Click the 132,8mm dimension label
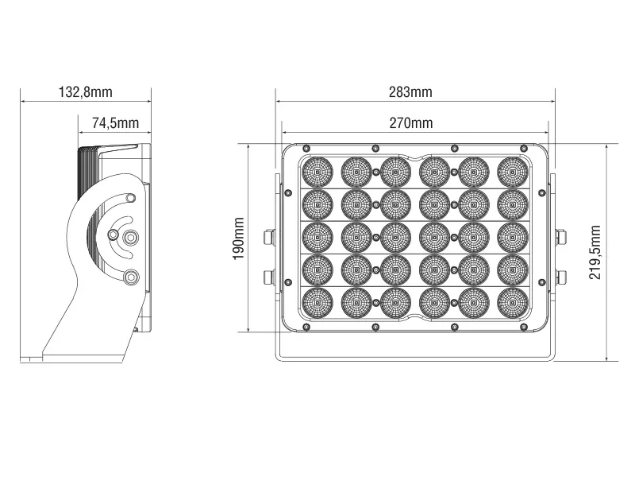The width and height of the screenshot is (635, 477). point(86,92)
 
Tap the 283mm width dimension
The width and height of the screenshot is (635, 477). point(410,92)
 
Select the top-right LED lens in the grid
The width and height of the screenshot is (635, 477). point(512,171)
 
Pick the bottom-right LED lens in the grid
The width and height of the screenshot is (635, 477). point(512,303)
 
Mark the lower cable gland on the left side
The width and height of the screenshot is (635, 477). point(269,276)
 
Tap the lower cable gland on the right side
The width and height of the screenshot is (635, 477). point(561,276)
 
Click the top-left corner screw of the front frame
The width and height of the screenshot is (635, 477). point(306,148)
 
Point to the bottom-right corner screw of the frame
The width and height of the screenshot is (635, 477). point(523,326)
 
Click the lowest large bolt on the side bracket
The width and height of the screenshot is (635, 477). point(131,276)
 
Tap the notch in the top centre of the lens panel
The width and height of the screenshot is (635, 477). point(414,157)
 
